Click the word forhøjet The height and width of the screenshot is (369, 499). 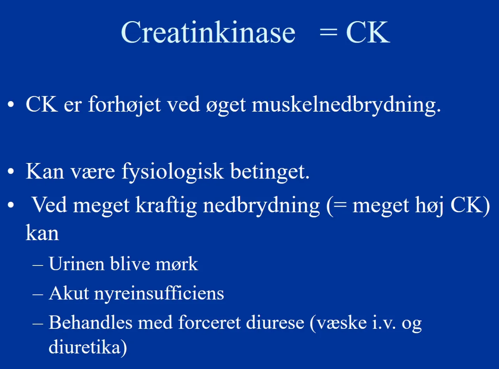pos(124,105)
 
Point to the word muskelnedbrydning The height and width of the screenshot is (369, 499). pos(346,105)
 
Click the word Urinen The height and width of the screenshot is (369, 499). pos(77,263)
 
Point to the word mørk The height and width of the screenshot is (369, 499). pos(177,263)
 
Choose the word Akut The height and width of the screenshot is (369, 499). pos(69,293)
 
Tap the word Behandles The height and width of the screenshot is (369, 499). pos(91,323)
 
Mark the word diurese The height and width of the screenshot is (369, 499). pos(275,323)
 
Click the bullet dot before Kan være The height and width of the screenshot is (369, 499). pos(11,171)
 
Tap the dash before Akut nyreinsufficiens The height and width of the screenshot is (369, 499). pos(38,295)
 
